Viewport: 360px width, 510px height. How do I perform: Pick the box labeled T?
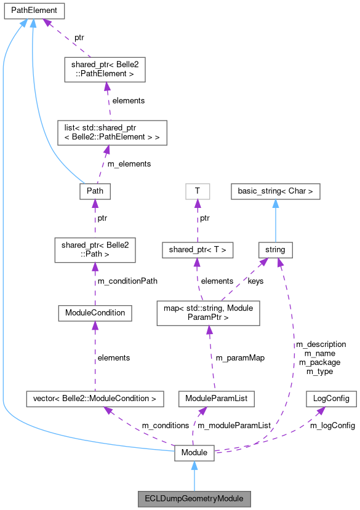point(197,191)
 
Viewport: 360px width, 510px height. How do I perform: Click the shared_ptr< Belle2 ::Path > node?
point(95,250)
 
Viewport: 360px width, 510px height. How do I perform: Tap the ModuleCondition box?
point(95,313)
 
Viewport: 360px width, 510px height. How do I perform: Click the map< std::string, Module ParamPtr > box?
point(209,313)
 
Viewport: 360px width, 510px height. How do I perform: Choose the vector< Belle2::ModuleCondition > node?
point(95,399)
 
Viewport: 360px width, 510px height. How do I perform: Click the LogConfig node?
point(331,399)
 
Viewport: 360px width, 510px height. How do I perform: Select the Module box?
point(194,453)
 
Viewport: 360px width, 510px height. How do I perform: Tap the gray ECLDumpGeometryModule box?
point(194,497)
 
